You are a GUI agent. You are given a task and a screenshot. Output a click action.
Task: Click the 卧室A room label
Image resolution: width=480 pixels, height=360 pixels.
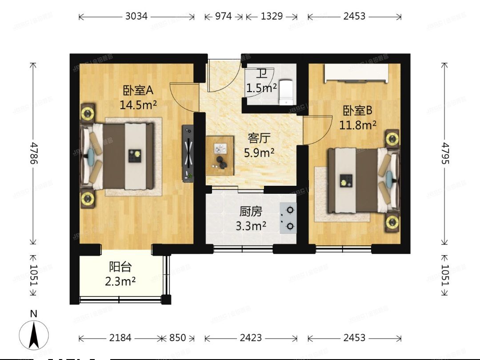tap(138, 91)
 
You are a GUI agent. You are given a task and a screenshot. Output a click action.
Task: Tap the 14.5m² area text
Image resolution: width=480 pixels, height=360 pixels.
tap(138, 105)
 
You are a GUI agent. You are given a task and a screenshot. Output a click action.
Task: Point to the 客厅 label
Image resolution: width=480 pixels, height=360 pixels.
tap(259, 138)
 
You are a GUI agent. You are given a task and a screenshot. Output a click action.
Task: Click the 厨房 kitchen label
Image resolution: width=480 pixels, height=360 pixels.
tap(251, 212)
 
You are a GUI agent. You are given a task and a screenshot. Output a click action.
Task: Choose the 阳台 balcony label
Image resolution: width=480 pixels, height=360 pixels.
tap(120, 267)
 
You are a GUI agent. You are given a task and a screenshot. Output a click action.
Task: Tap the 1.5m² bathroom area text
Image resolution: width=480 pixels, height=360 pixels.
tap(262, 88)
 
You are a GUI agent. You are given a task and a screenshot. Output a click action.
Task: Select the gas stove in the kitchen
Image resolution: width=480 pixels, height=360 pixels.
tap(288, 218)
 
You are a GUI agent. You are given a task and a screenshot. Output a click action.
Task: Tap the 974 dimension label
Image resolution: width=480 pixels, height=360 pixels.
tap(224, 16)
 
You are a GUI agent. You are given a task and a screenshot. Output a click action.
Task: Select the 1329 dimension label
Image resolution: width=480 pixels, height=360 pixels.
tap(272, 16)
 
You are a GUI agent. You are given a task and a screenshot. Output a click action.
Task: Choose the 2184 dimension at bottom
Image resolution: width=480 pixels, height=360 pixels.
tap(120, 338)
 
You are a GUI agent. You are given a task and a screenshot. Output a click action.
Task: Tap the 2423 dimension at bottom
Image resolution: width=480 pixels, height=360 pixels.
tap(251, 338)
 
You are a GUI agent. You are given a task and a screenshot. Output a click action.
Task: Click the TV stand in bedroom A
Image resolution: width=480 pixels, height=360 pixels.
tap(188, 153)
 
